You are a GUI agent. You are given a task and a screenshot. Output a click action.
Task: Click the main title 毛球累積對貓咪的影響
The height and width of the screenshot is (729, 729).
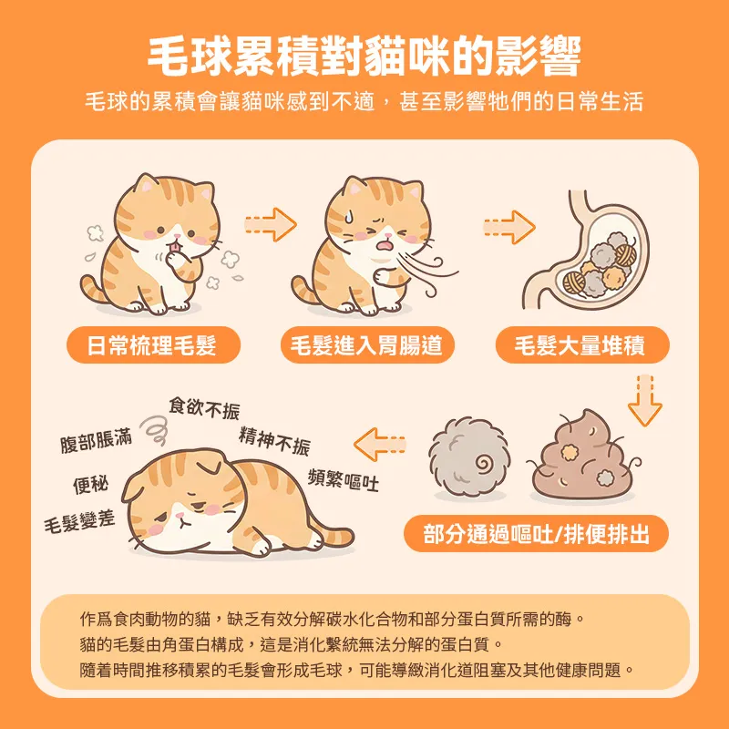(x=364, y=56)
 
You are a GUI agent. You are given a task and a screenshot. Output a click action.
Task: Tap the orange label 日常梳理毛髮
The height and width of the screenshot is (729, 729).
(x=152, y=345)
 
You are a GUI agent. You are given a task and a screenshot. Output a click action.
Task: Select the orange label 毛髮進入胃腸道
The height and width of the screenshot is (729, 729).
(x=365, y=345)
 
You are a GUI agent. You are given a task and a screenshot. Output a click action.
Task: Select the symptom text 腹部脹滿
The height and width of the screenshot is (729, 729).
(x=96, y=441)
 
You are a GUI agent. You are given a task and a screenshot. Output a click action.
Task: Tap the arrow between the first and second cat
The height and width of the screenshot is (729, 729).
(x=271, y=221)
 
